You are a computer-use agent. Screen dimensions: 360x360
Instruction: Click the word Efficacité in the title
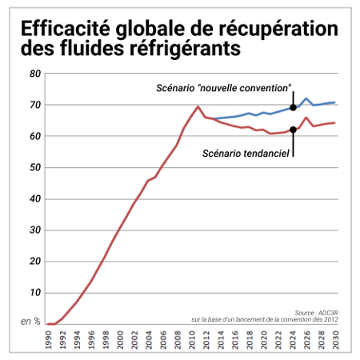coord(66,28)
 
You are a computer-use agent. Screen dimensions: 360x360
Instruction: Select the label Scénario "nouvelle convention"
coord(223,88)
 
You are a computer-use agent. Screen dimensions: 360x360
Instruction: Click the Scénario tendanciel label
coord(246,154)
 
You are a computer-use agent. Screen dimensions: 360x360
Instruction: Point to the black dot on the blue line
coord(293,108)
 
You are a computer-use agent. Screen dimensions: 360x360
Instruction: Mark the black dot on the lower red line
coord(293,130)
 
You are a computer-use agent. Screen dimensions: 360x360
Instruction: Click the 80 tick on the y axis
coord(35,74)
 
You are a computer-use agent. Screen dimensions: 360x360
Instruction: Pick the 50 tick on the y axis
coord(35,167)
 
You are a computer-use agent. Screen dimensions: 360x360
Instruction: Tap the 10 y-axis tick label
coord(35,293)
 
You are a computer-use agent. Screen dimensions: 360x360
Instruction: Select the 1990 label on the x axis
coord(49,340)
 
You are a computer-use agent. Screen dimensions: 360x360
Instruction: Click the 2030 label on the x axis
coord(336,340)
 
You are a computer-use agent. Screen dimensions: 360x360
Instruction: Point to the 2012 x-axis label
coord(206,340)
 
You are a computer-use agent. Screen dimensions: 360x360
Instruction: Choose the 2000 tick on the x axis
coord(120,340)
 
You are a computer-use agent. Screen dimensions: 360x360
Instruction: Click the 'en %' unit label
coord(30,321)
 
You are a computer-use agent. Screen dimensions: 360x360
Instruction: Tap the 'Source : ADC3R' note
coord(316,313)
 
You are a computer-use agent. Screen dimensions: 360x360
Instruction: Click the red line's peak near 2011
coord(198,106)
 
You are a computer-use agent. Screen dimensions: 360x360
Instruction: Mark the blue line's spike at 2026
coord(306,98)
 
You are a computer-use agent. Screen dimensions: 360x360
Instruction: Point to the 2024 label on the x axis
coord(293,340)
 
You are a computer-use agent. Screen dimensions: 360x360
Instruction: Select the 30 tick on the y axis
coord(35,230)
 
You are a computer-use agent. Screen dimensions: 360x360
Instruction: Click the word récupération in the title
coord(278,29)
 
